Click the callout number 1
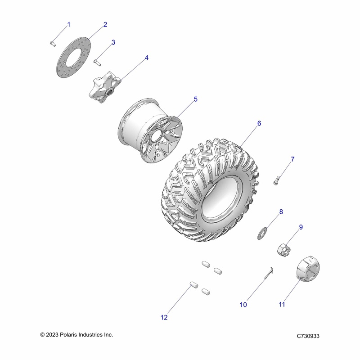click(69, 24)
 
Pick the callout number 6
click(259, 123)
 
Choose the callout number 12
click(164, 317)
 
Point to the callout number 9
click(301, 227)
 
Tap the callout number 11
click(282, 305)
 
